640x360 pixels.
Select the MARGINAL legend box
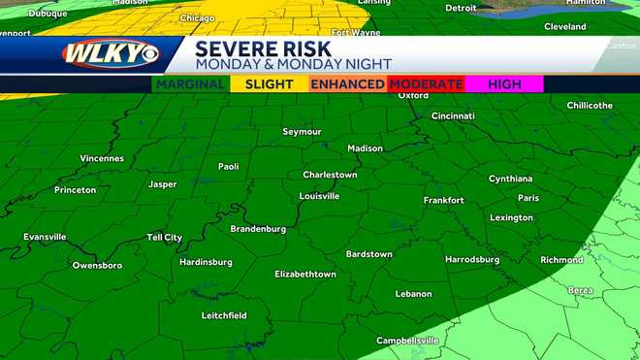190,84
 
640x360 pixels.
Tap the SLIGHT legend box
269,84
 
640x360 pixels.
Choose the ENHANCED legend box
347,84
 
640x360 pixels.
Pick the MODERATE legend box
426,84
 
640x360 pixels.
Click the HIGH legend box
504,84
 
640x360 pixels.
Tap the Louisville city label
319,195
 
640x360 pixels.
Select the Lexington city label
511,217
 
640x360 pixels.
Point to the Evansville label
45,237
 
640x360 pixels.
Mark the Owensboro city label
97,265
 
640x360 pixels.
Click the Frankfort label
443,200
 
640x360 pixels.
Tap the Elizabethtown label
305,275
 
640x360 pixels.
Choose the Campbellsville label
407,341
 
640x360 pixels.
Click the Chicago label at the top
197,17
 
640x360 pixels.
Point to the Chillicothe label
589,105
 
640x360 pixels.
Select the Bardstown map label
368,254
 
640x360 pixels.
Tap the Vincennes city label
102,158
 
